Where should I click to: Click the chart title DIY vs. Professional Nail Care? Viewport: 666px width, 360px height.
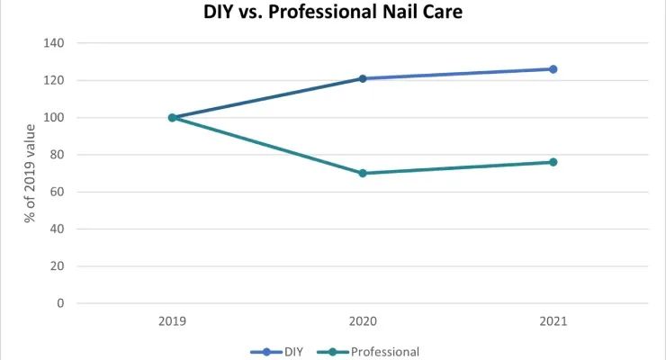click(x=332, y=13)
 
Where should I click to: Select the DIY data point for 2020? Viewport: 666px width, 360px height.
click(x=363, y=78)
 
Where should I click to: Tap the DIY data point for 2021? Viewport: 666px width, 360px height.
click(x=553, y=69)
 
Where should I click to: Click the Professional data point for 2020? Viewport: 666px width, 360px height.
click(x=363, y=173)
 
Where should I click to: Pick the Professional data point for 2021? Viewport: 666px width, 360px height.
click(x=553, y=162)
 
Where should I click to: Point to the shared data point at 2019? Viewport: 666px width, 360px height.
click(x=172, y=117)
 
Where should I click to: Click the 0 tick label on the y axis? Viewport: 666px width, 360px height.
click(x=59, y=303)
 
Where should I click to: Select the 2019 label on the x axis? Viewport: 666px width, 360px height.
click(x=172, y=321)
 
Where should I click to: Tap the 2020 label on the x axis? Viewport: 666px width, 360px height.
click(x=363, y=321)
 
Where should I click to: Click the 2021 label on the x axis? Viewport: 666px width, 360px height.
click(x=553, y=321)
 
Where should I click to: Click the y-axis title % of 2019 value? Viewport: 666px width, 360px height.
click(x=29, y=173)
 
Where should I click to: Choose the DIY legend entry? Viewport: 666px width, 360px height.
click(x=284, y=352)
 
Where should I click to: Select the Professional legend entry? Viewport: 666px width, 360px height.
click(x=374, y=352)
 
